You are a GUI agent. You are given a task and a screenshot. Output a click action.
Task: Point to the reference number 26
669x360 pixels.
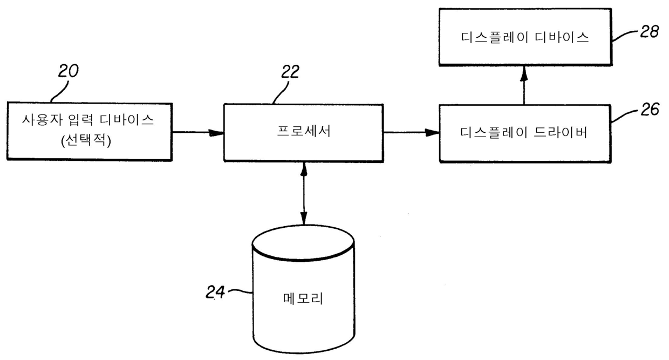point(650,110)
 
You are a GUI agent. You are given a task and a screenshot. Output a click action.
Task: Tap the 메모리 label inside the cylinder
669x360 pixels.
point(303,298)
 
